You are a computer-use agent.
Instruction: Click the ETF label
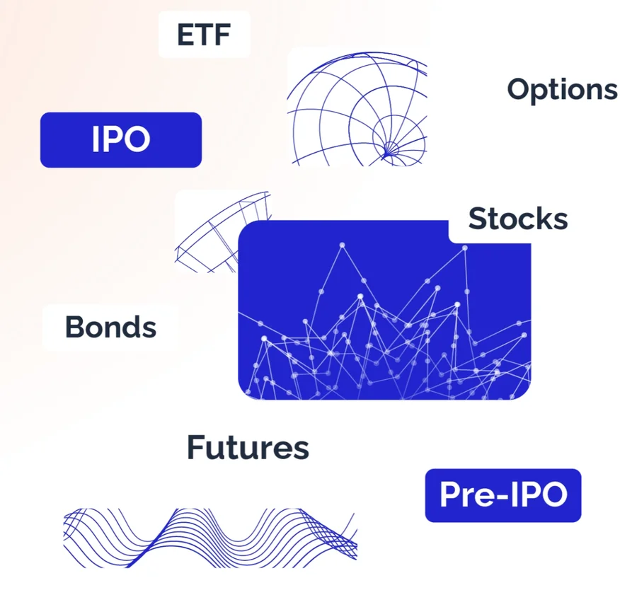click(204, 34)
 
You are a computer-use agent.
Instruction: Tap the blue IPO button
click(120, 140)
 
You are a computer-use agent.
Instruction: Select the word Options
click(562, 90)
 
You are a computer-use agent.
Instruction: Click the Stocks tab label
click(517, 219)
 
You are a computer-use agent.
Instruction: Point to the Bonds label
click(110, 328)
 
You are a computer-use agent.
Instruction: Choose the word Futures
click(248, 448)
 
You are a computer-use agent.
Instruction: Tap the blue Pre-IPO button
click(503, 495)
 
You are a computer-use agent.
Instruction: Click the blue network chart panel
click(384, 318)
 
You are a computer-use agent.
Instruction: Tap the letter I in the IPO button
click(96, 140)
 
